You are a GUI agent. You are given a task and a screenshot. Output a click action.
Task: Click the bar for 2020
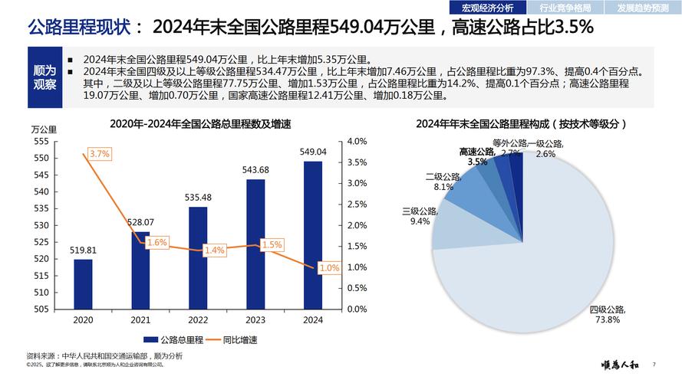click(x=83, y=283)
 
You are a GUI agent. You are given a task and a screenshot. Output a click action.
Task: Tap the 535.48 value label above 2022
click(x=198, y=198)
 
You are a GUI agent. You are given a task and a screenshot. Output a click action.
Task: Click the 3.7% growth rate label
click(x=100, y=154)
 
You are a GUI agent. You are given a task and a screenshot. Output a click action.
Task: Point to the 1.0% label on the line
click(x=329, y=268)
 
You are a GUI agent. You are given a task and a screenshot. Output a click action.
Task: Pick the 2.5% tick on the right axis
click(x=357, y=205)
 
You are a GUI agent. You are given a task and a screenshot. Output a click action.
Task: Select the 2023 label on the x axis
click(x=255, y=320)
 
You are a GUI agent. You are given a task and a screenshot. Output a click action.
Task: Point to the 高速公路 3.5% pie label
click(x=477, y=157)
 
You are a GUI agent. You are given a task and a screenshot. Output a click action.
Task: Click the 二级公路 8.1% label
click(x=443, y=182)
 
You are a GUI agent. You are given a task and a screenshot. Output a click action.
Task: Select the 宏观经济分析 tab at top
click(x=486, y=8)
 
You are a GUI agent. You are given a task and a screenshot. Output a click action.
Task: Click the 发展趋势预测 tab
click(x=642, y=8)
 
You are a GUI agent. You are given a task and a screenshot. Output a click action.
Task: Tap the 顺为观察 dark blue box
click(x=44, y=77)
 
